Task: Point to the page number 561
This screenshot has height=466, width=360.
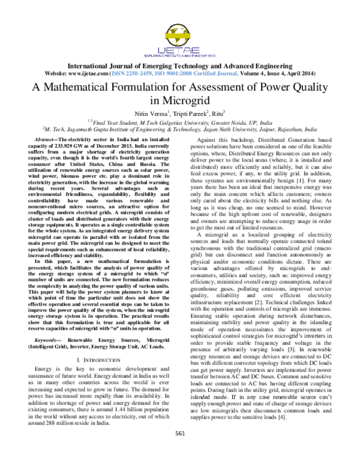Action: pyautogui.click(x=179, y=450)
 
